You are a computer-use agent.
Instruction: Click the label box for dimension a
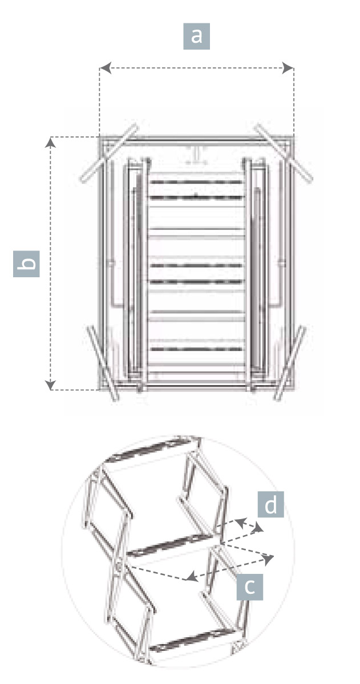[x=196, y=36]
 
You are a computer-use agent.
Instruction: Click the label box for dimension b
[x=26, y=264]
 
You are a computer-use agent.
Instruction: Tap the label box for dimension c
[x=249, y=586]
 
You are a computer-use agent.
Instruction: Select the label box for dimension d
[x=270, y=504]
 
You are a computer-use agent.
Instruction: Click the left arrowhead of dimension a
[x=105, y=68]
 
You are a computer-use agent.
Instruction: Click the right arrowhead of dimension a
[x=288, y=68]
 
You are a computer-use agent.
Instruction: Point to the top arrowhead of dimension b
[x=51, y=143]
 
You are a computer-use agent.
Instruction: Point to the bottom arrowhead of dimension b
[x=51, y=385]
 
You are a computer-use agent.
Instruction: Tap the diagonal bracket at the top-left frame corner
[x=108, y=153]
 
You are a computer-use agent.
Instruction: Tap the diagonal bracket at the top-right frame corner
[x=284, y=153]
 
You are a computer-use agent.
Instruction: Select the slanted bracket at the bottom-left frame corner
[x=103, y=363]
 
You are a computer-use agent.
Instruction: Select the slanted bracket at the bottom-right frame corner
[x=290, y=363]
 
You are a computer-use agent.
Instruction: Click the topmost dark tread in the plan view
[x=196, y=182]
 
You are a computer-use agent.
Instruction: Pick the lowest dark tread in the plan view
[x=196, y=349]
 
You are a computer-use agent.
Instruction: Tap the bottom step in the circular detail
[x=195, y=640]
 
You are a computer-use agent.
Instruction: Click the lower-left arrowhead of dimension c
[x=191, y=577]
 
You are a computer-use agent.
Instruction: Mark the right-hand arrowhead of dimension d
[x=259, y=528]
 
